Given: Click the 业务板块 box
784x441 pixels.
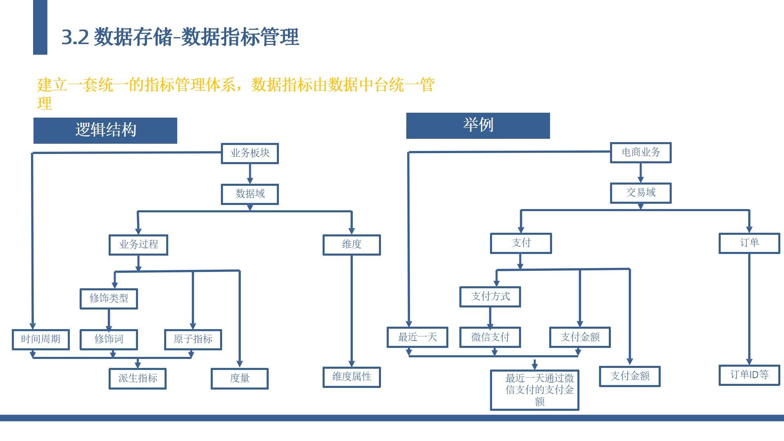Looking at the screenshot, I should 250,154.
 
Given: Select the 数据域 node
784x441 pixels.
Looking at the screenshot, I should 250,194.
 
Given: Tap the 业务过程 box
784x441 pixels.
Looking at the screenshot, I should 138,245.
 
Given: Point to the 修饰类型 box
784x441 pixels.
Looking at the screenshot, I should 109,298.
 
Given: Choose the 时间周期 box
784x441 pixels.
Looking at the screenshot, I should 41,339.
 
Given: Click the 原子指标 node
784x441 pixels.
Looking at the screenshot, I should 193,339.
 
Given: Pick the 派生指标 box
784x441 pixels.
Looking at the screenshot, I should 138,379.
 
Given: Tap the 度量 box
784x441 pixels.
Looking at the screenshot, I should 240,379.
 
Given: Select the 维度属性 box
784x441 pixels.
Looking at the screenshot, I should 352,377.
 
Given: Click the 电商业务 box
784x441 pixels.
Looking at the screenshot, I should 641,153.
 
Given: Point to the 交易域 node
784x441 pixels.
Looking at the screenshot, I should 641,193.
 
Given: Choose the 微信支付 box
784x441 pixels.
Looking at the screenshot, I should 490,337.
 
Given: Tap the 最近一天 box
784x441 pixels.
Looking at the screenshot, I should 417,337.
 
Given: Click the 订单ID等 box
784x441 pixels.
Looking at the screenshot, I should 749,375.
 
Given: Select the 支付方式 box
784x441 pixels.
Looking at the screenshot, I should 490,296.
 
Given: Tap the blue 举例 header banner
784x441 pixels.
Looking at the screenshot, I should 478,125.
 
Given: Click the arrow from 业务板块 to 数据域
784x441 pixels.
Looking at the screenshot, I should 250,174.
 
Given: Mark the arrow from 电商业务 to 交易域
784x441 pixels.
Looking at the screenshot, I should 641,173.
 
